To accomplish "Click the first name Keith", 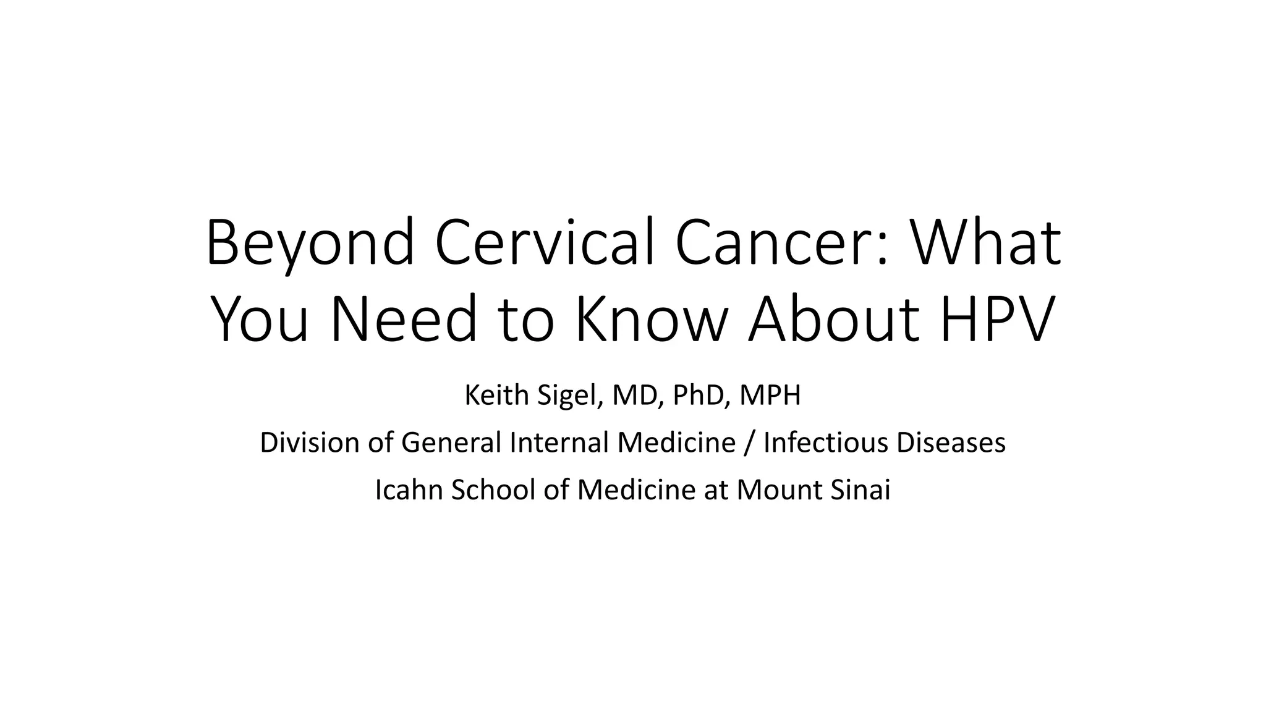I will (x=498, y=396).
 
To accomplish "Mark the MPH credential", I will (x=770, y=396).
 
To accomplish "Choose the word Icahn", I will (x=409, y=490).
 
